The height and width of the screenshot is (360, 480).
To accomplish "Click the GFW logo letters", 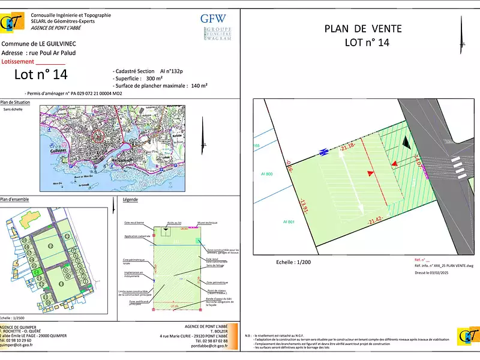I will pos(214,19).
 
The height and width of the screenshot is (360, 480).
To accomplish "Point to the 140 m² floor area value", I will pos(199,86).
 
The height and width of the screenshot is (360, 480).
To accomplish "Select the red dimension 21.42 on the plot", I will pos(376,221).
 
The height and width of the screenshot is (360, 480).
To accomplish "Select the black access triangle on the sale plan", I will pos(407,142).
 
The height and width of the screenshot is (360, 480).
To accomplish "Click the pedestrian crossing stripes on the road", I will pos(458,163).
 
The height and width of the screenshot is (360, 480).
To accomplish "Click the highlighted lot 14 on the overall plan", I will pos(36,272).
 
